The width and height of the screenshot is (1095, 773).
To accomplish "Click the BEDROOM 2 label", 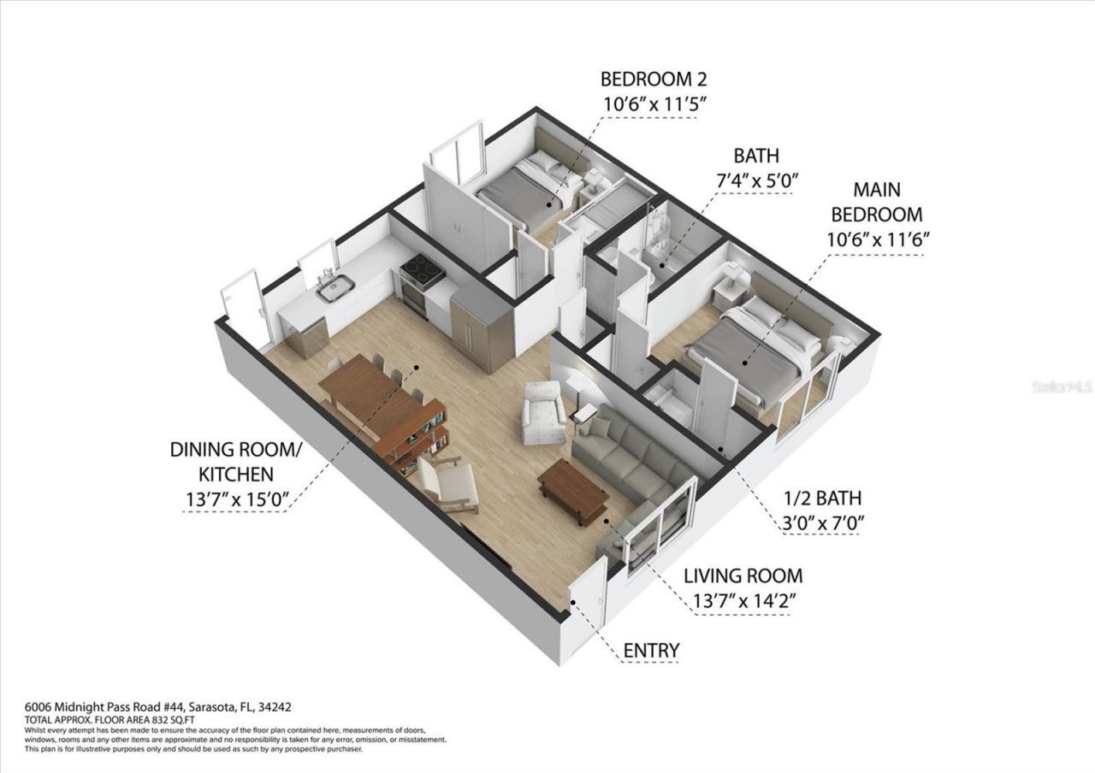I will point(654,80).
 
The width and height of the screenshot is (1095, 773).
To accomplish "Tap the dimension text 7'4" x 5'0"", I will point(755,180).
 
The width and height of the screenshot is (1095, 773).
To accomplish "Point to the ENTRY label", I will point(651,650).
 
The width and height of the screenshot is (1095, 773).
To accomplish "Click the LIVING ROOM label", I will point(743,575).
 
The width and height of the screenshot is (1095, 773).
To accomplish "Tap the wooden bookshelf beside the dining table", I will point(415,435).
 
